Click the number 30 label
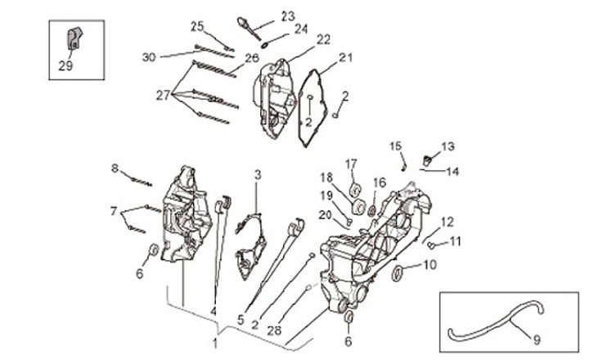click(148, 56)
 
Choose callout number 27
click(164, 96)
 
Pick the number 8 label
click(115, 169)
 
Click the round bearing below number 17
click(356, 191)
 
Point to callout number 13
click(447, 146)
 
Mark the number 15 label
click(396, 146)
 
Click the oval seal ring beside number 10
click(398, 272)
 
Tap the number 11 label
click(456, 241)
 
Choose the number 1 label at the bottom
click(215, 342)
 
